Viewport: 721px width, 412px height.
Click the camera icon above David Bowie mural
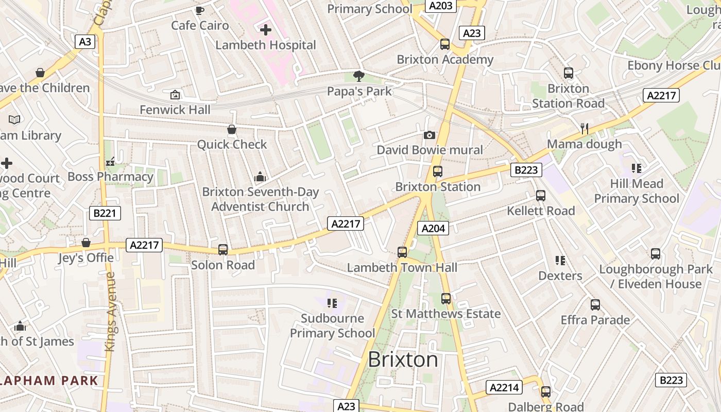429,135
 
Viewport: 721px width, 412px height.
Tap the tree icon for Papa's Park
359,76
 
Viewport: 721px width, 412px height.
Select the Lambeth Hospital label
265,45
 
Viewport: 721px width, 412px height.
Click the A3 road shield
85,42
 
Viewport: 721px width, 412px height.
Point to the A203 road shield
441,6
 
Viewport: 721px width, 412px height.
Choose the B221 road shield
105,213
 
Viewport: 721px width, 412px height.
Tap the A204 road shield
433,228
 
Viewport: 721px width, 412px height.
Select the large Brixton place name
403,359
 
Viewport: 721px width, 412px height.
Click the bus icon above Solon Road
223,249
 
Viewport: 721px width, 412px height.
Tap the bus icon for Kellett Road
540,196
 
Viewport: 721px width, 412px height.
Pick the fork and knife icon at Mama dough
584,129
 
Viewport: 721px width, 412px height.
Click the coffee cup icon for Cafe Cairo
200,10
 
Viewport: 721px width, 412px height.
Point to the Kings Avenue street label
110,312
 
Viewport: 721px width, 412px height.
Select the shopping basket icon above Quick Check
232,129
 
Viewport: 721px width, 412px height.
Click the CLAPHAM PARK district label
49,381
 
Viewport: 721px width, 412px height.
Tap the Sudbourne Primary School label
332,325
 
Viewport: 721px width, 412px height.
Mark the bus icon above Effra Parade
595,305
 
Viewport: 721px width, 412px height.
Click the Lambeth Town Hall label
402,268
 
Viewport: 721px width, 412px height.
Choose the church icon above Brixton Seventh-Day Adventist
260,177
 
